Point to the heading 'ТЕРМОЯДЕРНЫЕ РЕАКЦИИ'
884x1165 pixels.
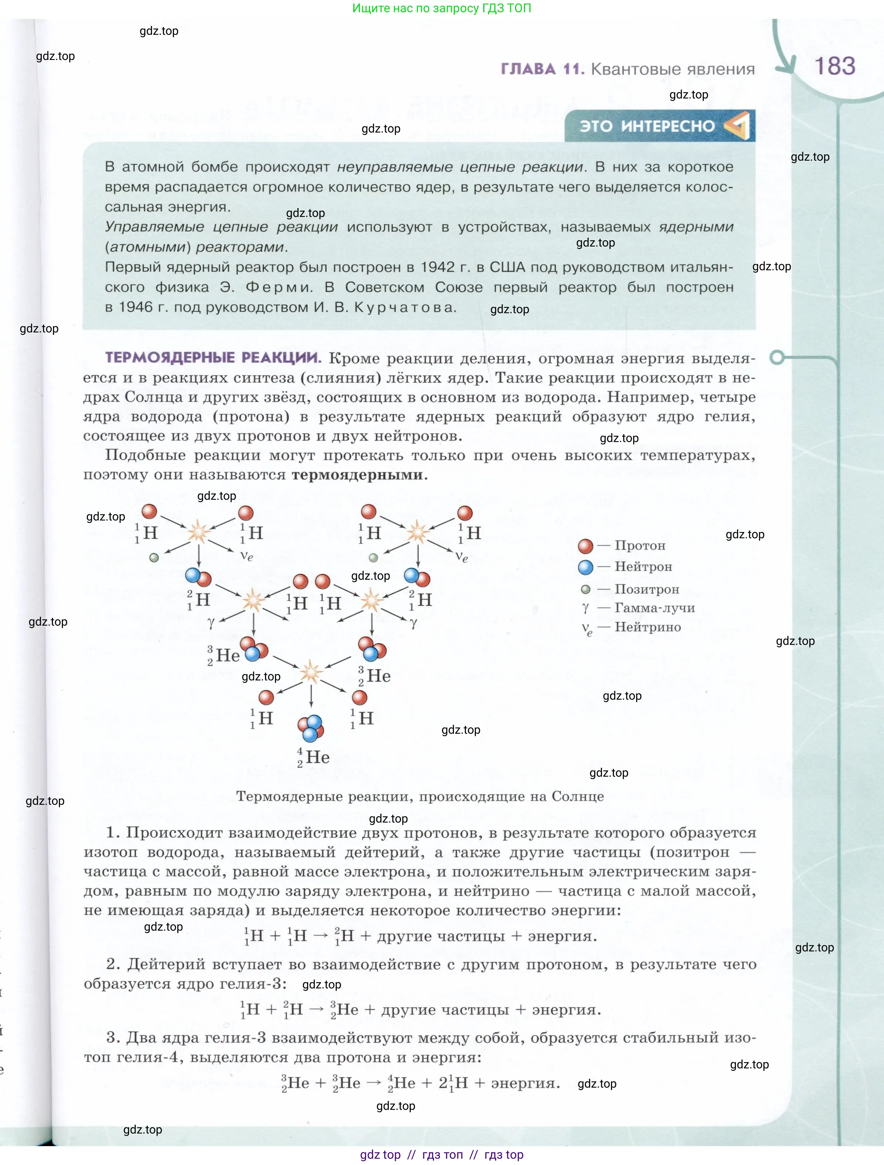pos(213,358)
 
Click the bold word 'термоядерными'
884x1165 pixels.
pos(357,475)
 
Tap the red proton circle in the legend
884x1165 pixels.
pos(585,546)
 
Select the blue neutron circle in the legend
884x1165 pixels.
pos(585,567)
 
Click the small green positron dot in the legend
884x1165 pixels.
pos(585,589)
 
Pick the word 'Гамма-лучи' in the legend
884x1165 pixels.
pos(655,608)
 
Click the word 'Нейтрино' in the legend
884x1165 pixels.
pos(648,627)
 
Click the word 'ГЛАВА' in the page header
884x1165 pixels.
pos(528,69)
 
